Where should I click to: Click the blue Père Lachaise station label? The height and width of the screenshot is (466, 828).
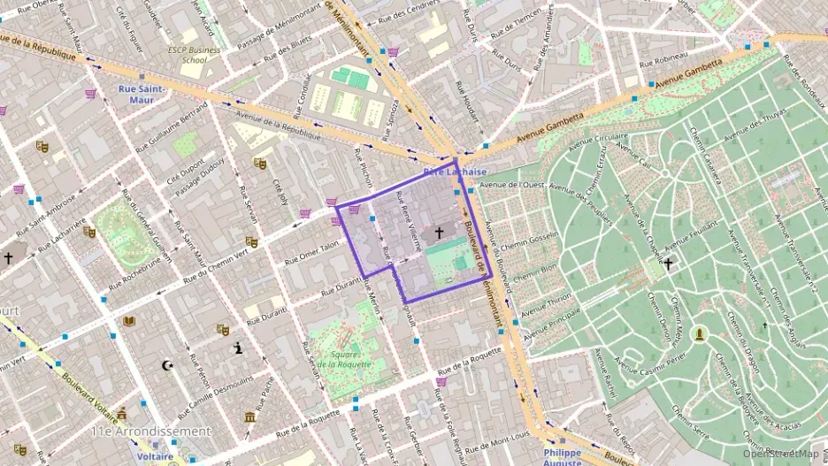coord(455,172)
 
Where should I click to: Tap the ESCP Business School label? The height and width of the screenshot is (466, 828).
coord(194,55)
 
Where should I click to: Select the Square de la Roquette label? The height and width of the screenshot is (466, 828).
coord(341,359)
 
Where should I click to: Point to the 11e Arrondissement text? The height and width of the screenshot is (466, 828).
coord(151,432)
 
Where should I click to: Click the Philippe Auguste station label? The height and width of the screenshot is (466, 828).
coord(562,457)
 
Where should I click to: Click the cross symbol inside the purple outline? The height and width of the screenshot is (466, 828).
coord(438,233)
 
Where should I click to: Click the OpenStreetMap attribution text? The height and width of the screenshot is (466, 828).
coord(781,455)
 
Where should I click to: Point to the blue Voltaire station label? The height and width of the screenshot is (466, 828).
coord(155,457)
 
